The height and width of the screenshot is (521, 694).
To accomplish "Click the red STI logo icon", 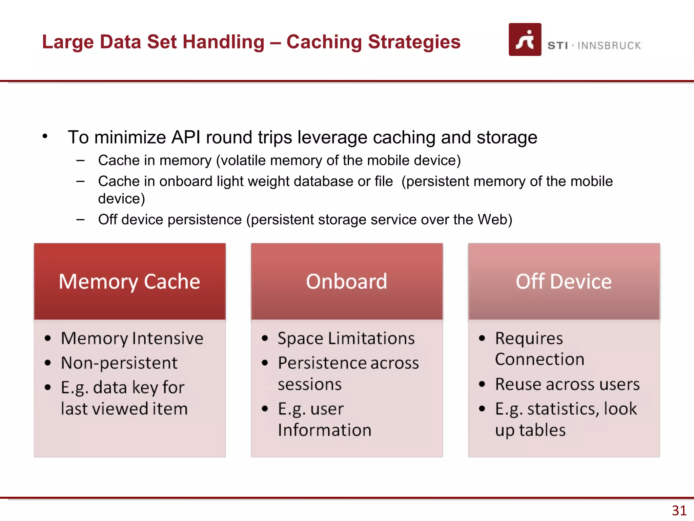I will (525, 40).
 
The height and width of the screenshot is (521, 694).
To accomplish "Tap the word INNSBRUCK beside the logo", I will (609, 46).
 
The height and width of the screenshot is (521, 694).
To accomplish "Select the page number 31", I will (679, 510).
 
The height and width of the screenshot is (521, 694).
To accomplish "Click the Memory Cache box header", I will (129, 282).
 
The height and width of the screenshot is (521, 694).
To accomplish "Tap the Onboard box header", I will (346, 282).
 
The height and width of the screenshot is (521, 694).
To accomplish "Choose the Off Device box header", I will (564, 282).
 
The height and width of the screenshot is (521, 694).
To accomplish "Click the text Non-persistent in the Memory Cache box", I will (119, 363).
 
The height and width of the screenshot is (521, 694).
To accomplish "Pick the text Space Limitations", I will (346, 339).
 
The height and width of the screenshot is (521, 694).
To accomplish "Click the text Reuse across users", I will (567, 384).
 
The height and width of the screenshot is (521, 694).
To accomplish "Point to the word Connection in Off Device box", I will (539, 359).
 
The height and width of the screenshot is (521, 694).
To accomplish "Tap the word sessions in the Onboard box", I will (309, 384).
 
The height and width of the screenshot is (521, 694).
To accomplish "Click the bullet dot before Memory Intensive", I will (48, 338).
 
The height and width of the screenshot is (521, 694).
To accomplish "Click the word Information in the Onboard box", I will (324, 430).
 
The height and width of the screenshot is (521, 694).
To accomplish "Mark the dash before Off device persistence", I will (80, 220).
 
